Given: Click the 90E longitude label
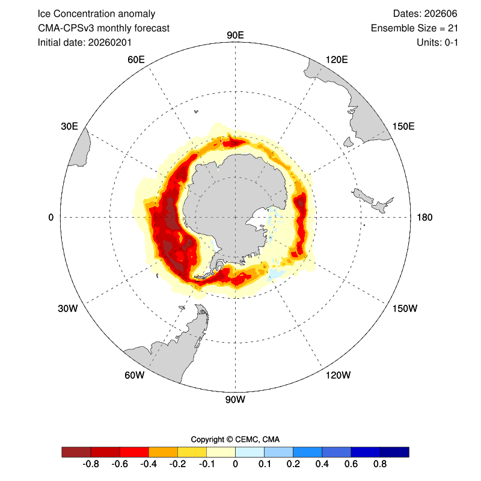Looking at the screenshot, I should pyautogui.click(x=235, y=35).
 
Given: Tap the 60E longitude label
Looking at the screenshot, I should pyautogui.click(x=136, y=59).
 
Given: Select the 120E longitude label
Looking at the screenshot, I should pyautogui.click(x=336, y=59).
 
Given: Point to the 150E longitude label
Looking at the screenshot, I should pyautogui.click(x=403, y=126).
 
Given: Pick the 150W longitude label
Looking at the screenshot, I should pyautogui.click(x=404, y=308).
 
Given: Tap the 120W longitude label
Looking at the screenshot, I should pyautogui.click(x=337, y=376).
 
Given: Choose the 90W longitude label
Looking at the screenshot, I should pyautogui.click(x=235, y=399).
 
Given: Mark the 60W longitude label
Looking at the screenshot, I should pyautogui.click(x=134, y=376).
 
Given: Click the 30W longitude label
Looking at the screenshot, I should pyautogui.click(x=67, y=308).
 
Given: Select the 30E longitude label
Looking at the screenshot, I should pyautogui.click(x=69, y=126).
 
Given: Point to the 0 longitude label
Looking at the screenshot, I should pyautogui.click(x=51, y=217).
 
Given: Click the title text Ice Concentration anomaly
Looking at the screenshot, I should pyautogui.click(x=96, y=13).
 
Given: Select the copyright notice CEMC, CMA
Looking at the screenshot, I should pyautogui.click(x=235, y=439).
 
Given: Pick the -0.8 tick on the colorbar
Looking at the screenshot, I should pyautogui.click(x=91, y=464).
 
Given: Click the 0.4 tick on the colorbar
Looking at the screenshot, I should pyautogui.click(x=322, y=464).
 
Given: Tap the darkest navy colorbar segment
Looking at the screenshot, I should pyautogui.click(x=394, y=452).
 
